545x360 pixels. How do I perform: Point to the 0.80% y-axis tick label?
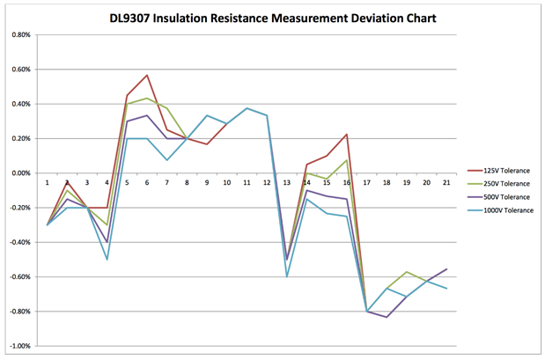coord(19,35)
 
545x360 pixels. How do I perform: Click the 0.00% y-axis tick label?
coord(19,173)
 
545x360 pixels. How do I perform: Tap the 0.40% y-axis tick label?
coord(19,104)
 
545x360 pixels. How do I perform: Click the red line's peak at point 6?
coord(147,75)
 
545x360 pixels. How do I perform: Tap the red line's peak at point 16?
coord(346,135)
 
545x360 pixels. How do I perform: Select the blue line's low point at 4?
coord(107,260)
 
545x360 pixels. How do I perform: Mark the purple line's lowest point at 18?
coord(387,317)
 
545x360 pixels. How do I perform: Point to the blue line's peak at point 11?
coord(247,108)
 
